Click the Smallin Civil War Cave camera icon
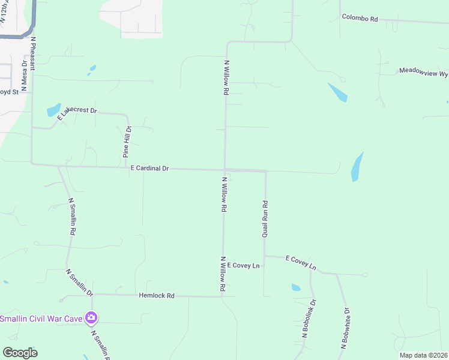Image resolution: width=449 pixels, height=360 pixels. [91, 317]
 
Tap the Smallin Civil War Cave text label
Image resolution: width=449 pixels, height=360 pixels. [41, 318]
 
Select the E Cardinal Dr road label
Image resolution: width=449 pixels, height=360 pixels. [150, 169]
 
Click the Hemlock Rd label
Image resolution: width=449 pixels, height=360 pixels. [156, 296]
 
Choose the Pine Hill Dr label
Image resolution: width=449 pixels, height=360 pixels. [127, 142]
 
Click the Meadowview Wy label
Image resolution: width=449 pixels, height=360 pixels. [424, 71]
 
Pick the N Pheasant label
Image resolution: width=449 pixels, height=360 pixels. [34, 50]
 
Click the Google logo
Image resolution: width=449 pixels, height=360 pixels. [20, 353]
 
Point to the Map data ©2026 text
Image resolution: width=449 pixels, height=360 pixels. [423, 355]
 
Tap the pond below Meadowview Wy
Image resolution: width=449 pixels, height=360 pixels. [337, 92]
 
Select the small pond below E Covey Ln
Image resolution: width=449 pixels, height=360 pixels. [295, 287]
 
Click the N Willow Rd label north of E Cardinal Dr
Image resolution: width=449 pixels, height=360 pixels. [226, 77]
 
